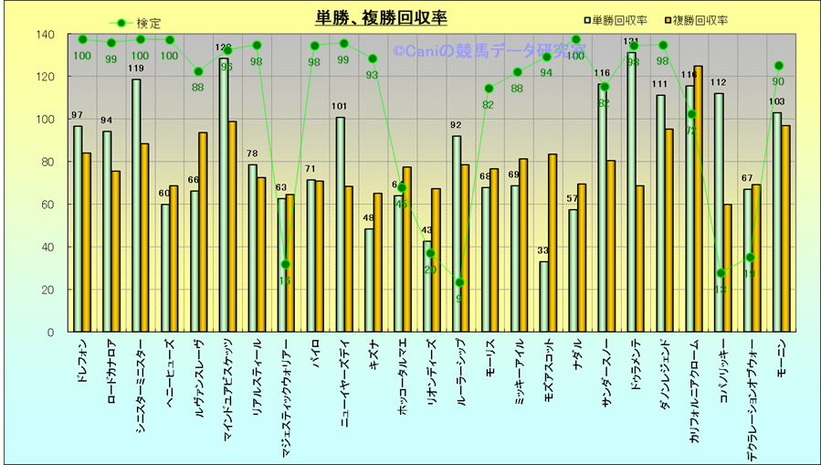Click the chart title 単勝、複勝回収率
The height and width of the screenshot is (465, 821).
pos(381,18)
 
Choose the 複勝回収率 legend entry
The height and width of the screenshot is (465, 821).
pos(700,20)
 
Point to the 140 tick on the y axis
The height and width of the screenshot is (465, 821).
pos(46,35)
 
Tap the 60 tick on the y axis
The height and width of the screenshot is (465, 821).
pos(48,205)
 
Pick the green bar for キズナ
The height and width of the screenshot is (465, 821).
pos(369,280)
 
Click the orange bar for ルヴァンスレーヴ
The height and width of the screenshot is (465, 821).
pos(203,232)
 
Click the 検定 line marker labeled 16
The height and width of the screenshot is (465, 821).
pos(286,265)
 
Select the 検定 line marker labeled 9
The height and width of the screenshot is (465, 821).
pos(460,282)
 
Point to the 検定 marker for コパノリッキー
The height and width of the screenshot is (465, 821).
pos(721,273)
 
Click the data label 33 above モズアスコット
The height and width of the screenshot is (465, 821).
pos(543,251)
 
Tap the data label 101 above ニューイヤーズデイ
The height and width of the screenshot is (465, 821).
pos(340,107)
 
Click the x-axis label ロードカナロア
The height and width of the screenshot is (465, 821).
pos(111,369)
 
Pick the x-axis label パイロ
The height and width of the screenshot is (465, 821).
pos(315,352)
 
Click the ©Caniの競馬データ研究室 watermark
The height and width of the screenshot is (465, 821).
pos(489,52)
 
